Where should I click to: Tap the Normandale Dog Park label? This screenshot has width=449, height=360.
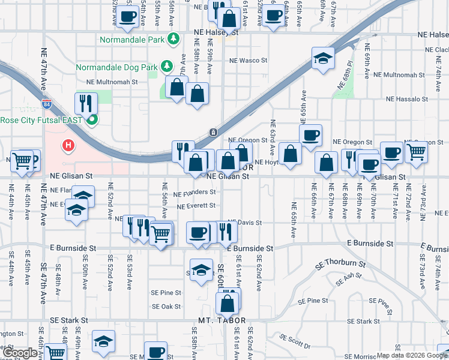click(124, 65)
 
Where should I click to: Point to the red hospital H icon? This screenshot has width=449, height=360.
click(69, 145)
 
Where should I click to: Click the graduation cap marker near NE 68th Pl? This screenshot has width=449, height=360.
click(323, 58)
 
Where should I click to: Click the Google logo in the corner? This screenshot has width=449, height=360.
click(20, 353)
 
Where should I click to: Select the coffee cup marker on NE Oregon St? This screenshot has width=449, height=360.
click(310, 136)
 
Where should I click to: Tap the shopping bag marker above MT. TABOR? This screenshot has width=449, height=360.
click(228, 302)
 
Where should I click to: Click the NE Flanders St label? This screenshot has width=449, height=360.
click(194, 193)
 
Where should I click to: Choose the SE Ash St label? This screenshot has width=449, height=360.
click(346, 280)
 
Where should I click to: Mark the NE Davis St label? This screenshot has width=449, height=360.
click(246, 223)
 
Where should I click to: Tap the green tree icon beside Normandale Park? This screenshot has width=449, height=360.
click(173, 38)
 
